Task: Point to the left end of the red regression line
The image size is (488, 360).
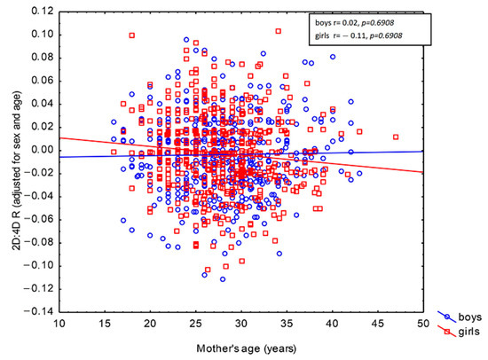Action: click(59, 137)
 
